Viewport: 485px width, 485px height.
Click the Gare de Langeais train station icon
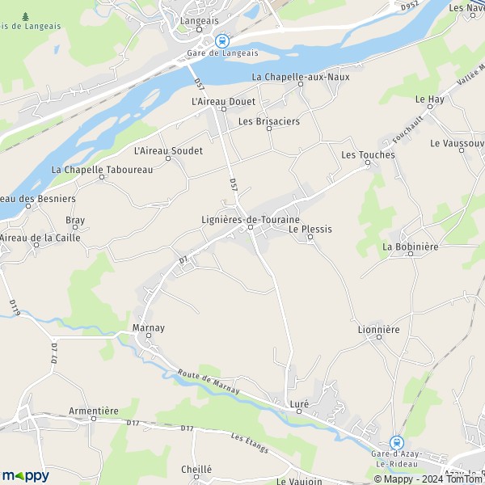pyautogui.click(x=222, y=40)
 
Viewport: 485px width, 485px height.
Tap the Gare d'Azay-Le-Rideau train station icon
pyautogui.click(x=396, y=442)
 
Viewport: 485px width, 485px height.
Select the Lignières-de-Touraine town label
pyautogui.click(x=250, y=219)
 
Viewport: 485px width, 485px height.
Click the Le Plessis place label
pyautogui.click(x=310, y=229)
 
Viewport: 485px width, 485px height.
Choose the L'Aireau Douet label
pyautogui.click(x=222, y=102)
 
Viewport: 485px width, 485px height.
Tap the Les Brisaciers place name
pyautogui.click(x=268, y=121)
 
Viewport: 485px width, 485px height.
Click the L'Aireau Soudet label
pyautogui.click(x=167, y=150)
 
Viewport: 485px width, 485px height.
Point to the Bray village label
pyautogui.click(x=75, y=220)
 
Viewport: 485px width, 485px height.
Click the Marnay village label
pyautogui.click(x=148, y=327)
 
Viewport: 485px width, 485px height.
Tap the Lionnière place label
pyautogui.click(x=378, y=330)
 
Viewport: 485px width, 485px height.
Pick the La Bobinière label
pyautogui.click(x=410, y=247)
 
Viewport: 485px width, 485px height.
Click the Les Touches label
pyautogui.click(x=368, y=154)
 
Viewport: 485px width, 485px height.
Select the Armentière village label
pyautogui.click(x=95, y=411)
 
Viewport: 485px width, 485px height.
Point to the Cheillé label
pyautogui.click(x=196, y=469)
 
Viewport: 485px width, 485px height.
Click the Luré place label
pyautogui.click(x=299, y=403)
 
